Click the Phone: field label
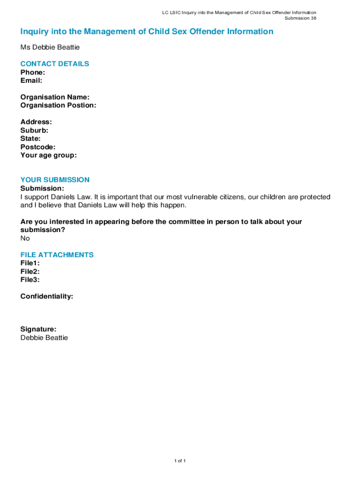pos(33,73)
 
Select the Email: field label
pos(31,80)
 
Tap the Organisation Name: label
pos(55,97)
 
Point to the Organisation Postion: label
pos(58,105)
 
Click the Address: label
pos(36,122)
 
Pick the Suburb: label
pos(34,131)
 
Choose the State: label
pos(30,138)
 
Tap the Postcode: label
pos(38,147)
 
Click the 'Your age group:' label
pos(49,155)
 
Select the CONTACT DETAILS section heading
pos(55,64)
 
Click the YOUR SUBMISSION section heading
pos(55,180)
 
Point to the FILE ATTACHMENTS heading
pos(57,255)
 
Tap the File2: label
pos(30,271)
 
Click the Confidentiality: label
pos(47,297)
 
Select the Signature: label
pos(38,329)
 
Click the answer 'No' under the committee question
pos(25,239)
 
